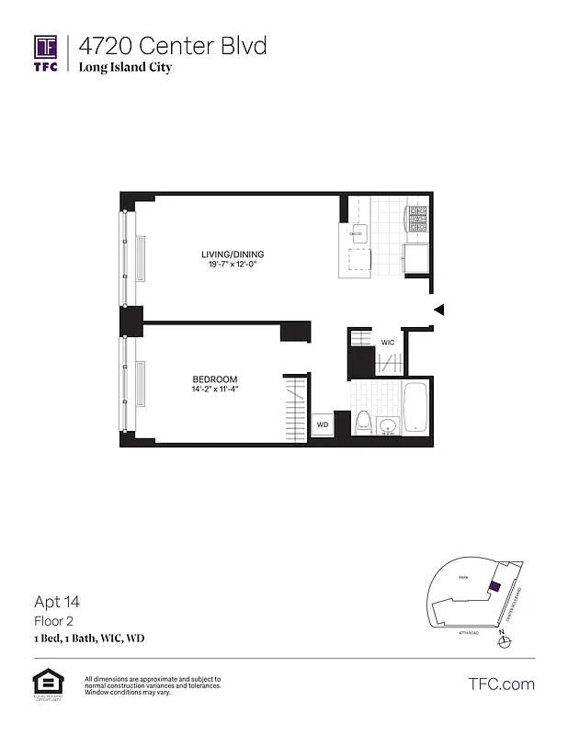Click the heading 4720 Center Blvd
click(x=172, y=45)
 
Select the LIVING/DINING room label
click(x=233, y=254)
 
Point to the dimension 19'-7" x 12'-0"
click(x=233, y=266)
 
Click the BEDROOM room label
click(x=215, y=379)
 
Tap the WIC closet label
click(x=388, y=342)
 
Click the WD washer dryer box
click(x=322, y=424)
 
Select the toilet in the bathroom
click(x=363, y=424)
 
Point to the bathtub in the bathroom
click(x=415, y=410)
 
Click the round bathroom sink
click(x=387, y=425)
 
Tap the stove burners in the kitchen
click(x=417, y=219)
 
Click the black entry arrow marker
click(x=438, y=310)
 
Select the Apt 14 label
click(x=57, y=602)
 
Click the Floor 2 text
click(x=51, y=621)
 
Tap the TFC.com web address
click(x=502, y=684)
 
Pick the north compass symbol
click(x=501, y=640)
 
